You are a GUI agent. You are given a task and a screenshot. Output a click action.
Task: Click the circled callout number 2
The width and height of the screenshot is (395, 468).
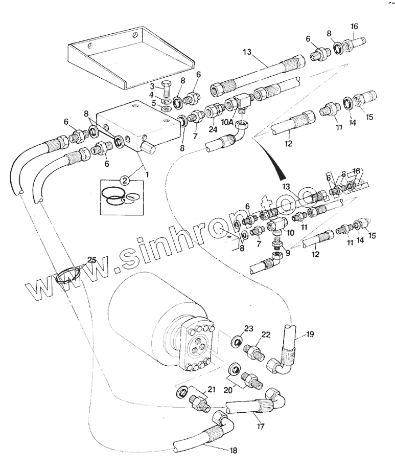point(124,180)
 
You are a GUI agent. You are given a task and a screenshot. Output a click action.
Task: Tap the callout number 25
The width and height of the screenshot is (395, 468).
point(91,260)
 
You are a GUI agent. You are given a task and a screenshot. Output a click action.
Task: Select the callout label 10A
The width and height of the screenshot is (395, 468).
point(227,123)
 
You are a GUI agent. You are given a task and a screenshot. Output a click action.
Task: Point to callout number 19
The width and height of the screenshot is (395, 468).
point(310,335)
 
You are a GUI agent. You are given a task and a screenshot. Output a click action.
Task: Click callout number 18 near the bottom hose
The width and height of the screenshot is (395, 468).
point(234,451)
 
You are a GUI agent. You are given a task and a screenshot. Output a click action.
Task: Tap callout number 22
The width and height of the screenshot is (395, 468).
point(265,335)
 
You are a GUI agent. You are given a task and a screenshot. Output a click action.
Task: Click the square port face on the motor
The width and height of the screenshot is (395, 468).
point(195,347)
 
